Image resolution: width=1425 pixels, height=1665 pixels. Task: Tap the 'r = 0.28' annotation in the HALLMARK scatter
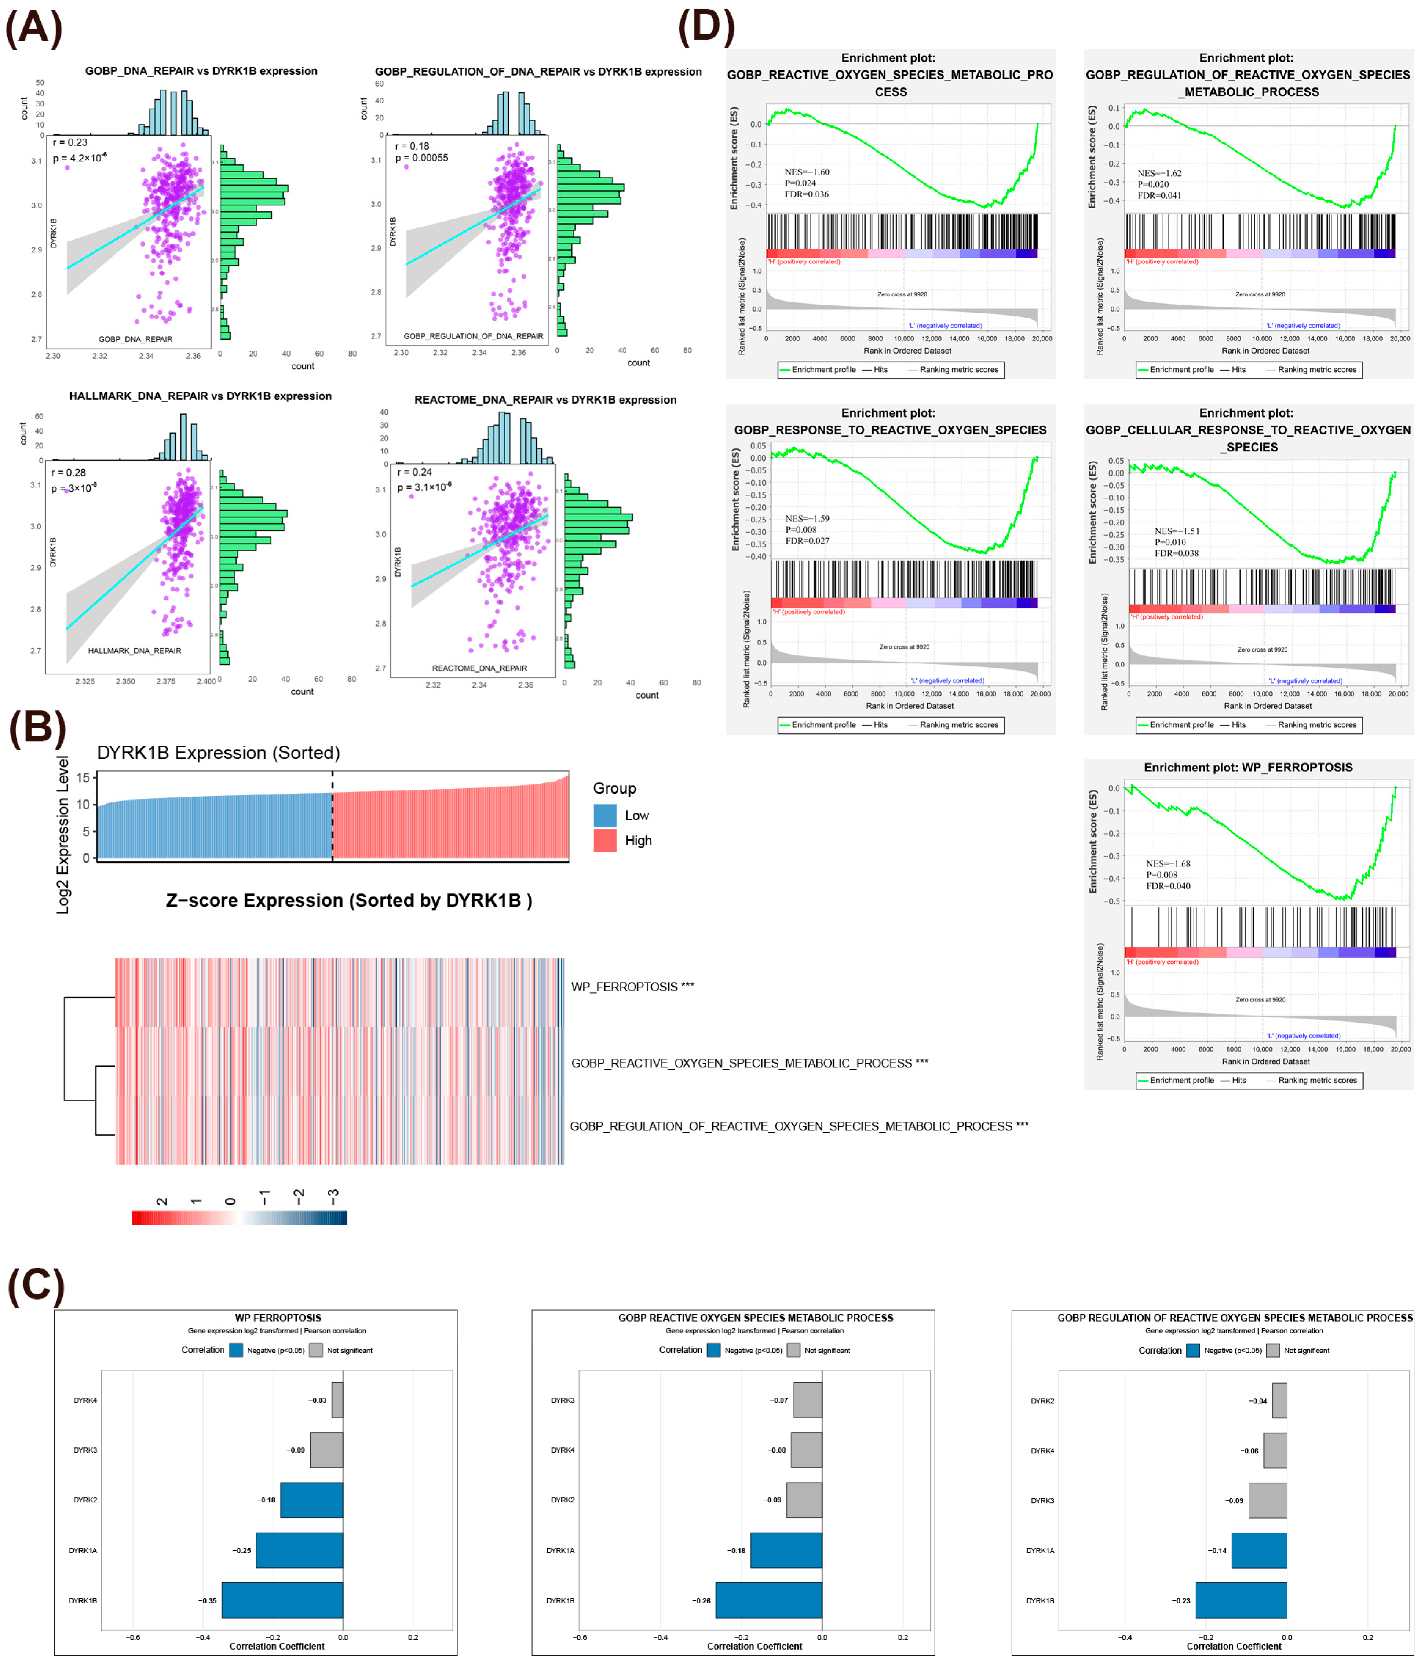click(68, 473)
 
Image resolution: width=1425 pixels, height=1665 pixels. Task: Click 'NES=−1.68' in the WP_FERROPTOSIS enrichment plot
click(1168, 864)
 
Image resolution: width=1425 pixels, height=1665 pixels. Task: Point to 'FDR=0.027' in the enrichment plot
click(807, 541)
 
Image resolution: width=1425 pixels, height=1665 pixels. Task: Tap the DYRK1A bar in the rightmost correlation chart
click(1259, 1550)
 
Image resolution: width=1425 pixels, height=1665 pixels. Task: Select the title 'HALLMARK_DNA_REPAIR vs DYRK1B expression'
click(200, 396)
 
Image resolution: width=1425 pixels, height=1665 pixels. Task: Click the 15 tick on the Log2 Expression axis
click(83, 777)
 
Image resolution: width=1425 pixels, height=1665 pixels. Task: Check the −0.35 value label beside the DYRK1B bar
click(207, 1601)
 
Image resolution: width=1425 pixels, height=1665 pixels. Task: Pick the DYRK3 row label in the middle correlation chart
click(562, 1400)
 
